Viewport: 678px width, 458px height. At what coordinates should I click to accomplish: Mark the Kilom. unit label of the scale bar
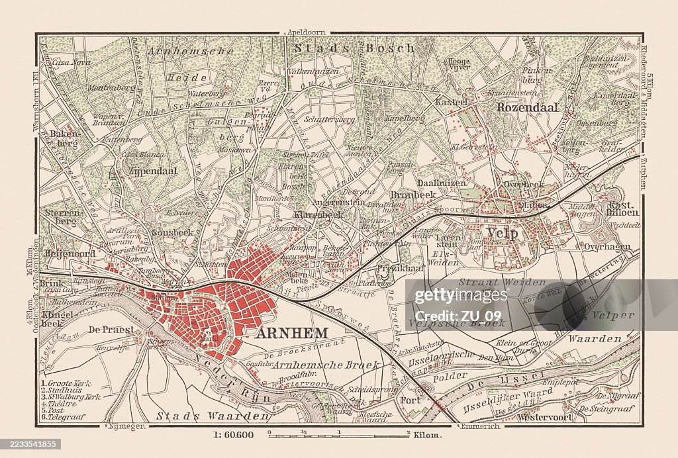(x=428, y=435)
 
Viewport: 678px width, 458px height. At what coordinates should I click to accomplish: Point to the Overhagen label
(x=607, y=246)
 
